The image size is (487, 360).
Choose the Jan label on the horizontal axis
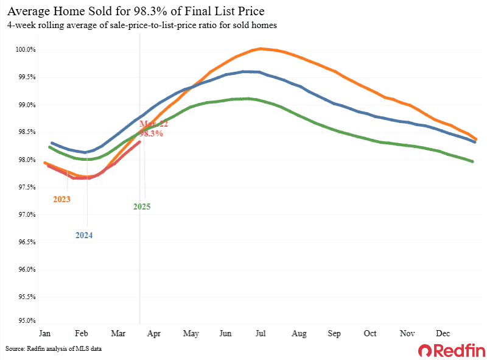(x=44, y=334)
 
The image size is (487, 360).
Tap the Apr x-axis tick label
(x=155, y=334)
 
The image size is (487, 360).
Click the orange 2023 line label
(x=61, y=199)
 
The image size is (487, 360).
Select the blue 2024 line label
(x=84, y=235)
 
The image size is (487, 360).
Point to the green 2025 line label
(x=142, y=207)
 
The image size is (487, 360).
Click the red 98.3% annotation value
(x=152, y=133)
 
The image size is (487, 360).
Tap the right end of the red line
(x=140, y=142)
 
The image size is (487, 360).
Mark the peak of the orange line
(x=261, y=49)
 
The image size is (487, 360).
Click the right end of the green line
(x=473, y=161)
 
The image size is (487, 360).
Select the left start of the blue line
(x=51, y=143)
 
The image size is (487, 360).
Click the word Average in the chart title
(x=30, y=12)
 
